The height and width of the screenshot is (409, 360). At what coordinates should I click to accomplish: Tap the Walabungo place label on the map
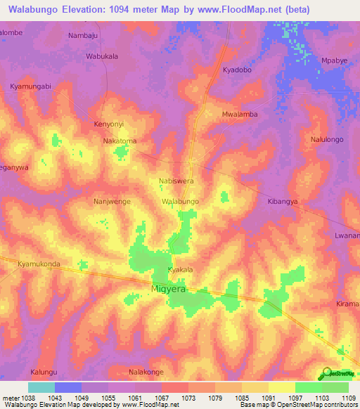coord(181,201)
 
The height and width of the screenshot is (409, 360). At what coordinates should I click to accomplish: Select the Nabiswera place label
coord(176,181)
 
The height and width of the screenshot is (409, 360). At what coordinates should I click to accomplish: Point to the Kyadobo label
coord(238,71)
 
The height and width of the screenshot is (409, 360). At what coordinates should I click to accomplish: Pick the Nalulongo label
coord(327,140)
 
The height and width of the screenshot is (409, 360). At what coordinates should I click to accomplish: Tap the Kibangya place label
coord(283,201)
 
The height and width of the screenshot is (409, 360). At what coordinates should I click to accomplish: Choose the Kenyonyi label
coord(109,124)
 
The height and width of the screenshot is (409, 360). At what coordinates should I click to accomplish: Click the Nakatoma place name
coord(120,141)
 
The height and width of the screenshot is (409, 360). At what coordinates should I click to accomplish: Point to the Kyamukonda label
coord(39,264)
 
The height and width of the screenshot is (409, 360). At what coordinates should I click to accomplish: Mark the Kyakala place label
coord(180,270)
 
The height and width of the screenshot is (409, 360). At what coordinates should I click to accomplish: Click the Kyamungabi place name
coord(31,86)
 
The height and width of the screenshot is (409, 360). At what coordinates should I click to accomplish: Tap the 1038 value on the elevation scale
coord(20,397)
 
